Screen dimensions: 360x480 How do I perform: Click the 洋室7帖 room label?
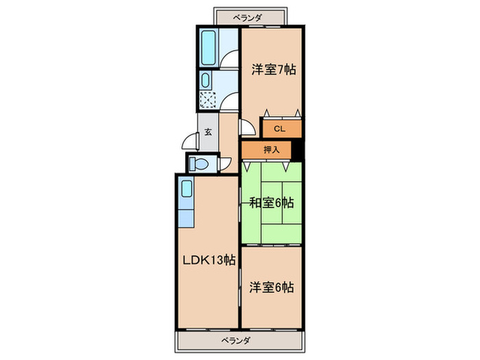coord(273,69)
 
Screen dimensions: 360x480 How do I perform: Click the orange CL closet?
coord(279,128)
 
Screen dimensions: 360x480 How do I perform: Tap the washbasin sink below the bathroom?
coord(206,81)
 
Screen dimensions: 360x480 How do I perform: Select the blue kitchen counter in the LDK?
coord(186,202)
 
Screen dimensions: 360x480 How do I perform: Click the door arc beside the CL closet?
coord(247,128)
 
